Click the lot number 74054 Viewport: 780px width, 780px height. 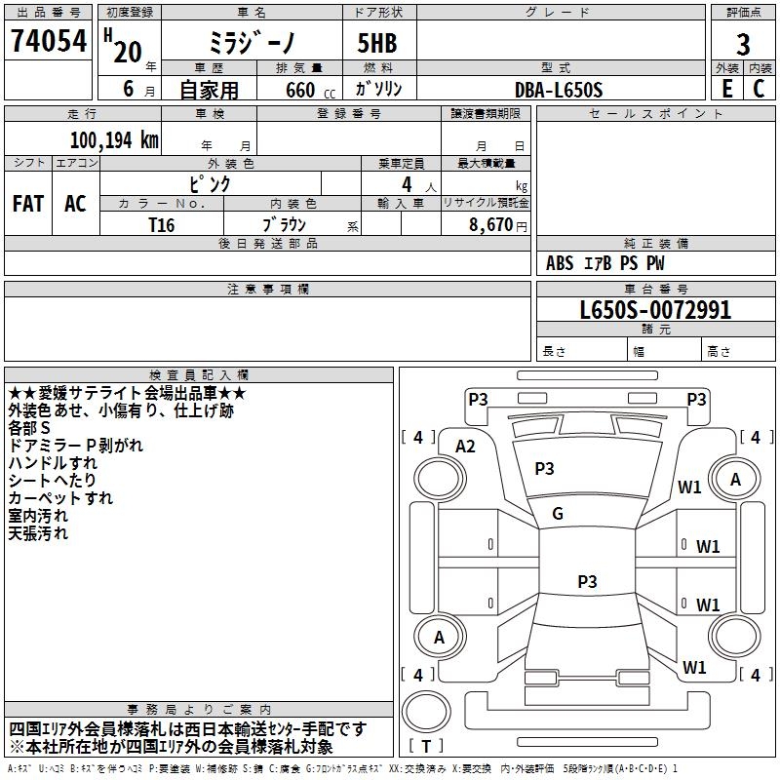pos(49,40)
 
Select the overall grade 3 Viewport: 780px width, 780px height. pos(743,45)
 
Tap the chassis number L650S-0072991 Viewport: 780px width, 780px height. pos(655,310)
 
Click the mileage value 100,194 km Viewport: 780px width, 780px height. pos(114,140)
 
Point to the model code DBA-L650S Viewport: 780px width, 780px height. pos(559,90)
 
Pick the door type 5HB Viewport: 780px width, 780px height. pos(377,43)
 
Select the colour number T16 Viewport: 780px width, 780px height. pos(162,225)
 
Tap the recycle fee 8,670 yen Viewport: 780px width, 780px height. pos(497,225)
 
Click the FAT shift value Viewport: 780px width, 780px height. pos(28,204)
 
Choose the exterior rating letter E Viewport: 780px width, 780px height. pos(726,89)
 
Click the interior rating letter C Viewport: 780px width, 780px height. pos(759,89)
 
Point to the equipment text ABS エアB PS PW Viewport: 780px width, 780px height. pos(604,263)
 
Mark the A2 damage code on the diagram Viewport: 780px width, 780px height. pos(465,447)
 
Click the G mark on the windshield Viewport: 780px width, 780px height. pos(558,514)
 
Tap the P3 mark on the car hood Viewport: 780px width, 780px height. pos(544,468)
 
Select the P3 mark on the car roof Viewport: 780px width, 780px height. pos(587,581)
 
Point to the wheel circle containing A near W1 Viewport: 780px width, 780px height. pos(735,480)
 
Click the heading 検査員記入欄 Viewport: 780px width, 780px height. pos(199,375)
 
